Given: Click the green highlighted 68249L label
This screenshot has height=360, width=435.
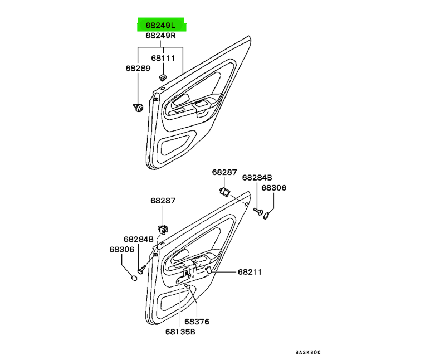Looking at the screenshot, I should tap(160, 26).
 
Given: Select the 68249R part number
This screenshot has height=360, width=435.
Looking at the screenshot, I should tap(160, 36).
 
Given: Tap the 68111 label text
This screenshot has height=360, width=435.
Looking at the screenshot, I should tap(163, 57).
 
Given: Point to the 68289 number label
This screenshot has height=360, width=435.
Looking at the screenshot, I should tap(137, 68).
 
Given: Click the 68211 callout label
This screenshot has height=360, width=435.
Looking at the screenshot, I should tap(250, 272).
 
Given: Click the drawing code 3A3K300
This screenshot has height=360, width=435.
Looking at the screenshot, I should tap(307, 353).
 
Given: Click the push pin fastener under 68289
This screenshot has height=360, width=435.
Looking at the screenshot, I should tap(138, 106).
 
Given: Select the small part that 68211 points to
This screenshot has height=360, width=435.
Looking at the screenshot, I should tap(209, 270).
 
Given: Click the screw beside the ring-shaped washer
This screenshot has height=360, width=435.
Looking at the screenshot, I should tap(257, 211).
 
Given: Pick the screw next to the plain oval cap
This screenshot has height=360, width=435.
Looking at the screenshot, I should tap(141, 270).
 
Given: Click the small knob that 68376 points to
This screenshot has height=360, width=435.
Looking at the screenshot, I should tap(188, 287).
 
